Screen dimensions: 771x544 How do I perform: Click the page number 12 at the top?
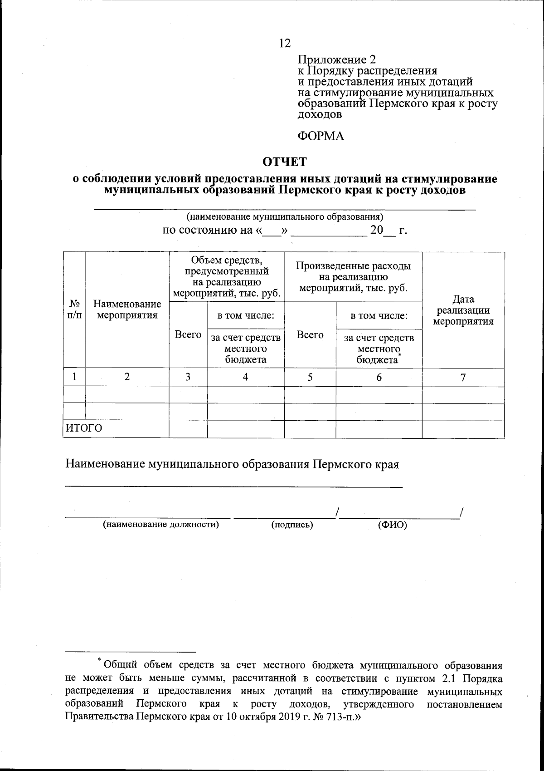(x=285, y=43)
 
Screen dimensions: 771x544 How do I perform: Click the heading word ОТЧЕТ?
(x=285, y=162)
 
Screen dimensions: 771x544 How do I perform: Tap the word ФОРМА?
(x=321, y=136)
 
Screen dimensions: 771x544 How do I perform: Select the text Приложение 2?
(x=336, y=59)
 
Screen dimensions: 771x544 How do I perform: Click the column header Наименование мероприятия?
(x=127, y=309)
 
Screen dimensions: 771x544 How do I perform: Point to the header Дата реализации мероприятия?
(x=463, y=310)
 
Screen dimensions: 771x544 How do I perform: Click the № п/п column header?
(x=74, y=309)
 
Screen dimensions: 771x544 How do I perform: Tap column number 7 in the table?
(x=463, y=377)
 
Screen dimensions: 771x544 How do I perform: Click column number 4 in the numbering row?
(x=246, y=377)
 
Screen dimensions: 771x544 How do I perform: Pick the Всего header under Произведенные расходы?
(x=310, y=335)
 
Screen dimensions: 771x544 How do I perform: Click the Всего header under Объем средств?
(x=188, y=334)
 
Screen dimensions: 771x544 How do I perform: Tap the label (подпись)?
(x=292, y=525)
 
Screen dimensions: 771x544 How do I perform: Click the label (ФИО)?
(x=393, y=525)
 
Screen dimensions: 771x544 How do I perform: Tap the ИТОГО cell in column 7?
(x=463, y=429)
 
